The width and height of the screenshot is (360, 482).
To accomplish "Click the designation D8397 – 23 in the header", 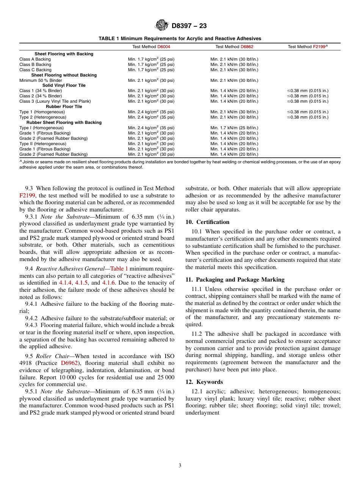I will (189, 26).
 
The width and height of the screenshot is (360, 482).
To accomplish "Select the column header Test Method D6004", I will (151, 47).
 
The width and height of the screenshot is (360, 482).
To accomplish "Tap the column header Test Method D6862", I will (234, 47).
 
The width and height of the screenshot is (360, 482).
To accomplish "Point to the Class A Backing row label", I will (35, 59).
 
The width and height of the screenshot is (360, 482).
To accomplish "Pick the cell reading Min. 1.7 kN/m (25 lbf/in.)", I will (234, 128).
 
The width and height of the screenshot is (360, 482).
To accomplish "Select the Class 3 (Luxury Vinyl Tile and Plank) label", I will (55, 102).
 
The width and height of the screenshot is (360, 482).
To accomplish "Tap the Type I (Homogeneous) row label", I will (41, 128).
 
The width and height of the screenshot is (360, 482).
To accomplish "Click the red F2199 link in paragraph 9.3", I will (27, 196).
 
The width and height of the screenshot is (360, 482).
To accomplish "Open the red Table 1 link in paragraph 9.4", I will (119, 269).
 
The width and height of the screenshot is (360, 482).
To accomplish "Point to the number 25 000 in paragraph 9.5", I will (165, 377).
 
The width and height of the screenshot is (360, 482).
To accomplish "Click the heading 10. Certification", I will (207, 222).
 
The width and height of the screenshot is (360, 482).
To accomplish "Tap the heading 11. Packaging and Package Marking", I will (235, 280).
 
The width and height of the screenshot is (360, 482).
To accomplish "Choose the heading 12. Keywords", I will (204, 382).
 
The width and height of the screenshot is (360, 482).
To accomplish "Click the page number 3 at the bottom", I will (180, 466).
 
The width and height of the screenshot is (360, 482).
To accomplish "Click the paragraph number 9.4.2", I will (32, 318).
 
